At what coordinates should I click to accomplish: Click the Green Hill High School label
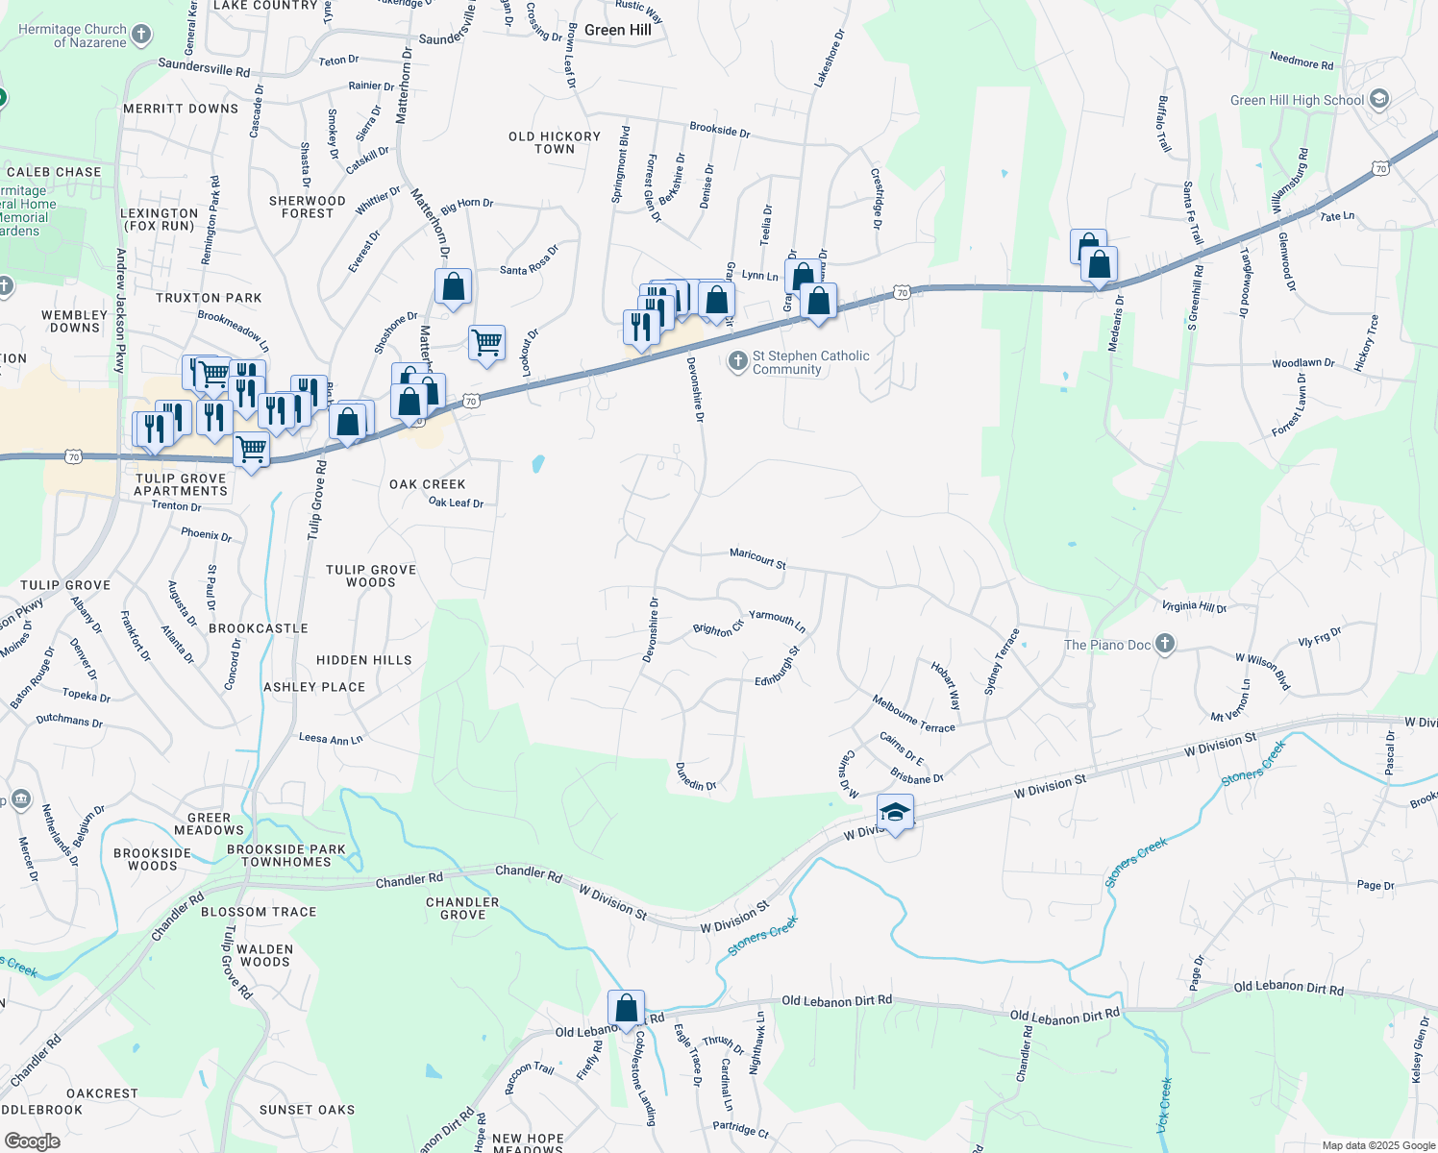click(1297, 100)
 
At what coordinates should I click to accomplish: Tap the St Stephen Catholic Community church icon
click(737, 361)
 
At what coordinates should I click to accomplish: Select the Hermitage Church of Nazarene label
click(72, 36)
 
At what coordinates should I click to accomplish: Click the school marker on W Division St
click(895, 813)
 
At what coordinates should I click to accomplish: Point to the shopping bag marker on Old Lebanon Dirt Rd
click(626, 1009)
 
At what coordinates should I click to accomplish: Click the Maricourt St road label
click(757, 558)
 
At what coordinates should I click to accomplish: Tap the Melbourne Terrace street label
click(913, 714)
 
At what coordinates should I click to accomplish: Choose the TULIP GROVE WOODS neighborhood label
click(371, 576)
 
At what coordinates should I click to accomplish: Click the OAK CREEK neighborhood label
click(428, 484)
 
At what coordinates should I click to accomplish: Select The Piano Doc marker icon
click(1165, 644)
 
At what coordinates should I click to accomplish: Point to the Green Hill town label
click(618, 30)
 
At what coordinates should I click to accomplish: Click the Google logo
click(32, 1141)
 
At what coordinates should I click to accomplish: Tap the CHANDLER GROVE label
click(463, 908)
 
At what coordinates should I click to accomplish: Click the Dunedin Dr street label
click(696, 777)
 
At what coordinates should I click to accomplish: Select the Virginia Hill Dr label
click(1194, 606)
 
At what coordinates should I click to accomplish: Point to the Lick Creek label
click(1164, 1105)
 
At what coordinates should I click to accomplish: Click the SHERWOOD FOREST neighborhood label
click(308, 207)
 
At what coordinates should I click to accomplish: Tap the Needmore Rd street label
click(1302, 61)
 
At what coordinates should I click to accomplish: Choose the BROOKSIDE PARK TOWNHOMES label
click(286, 855)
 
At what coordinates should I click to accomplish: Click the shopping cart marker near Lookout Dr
click(487, 342)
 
